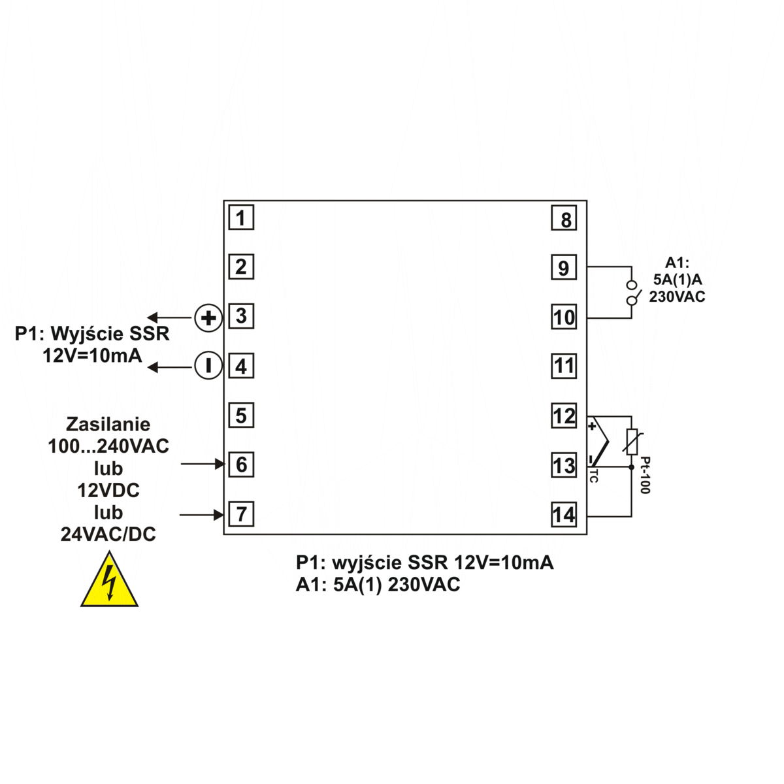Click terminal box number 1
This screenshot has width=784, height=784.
tap(241, 218)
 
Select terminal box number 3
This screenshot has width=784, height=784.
tap(241, 316)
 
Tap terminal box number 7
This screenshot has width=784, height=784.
tap(241, 514)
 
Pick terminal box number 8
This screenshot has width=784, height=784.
tap(564, 219)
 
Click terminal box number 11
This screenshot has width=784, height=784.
tap(564, 366)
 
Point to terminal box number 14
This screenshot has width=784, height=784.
tap(564, 515)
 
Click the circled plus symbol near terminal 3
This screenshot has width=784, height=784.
tap(208, 318)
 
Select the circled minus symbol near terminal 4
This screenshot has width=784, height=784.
tap(208, 366)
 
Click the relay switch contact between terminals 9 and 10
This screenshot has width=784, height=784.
tap(631, 293)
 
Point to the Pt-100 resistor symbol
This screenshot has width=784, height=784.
tap(631, 442)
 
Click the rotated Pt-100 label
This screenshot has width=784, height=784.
tap(645, 475)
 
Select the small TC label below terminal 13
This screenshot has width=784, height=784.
tap(593, 476)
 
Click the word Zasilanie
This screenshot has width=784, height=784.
tap(108, 425)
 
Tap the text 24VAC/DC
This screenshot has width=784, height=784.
tap(108, 534)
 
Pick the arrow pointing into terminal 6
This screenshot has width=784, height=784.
tap(203, 464)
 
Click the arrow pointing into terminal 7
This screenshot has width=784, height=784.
tap(203, 515)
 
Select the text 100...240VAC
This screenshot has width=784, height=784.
tap(108, 447)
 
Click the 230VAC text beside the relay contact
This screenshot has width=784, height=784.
tap(677, 297)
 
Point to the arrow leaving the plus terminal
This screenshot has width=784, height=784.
tap(169, 318)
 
